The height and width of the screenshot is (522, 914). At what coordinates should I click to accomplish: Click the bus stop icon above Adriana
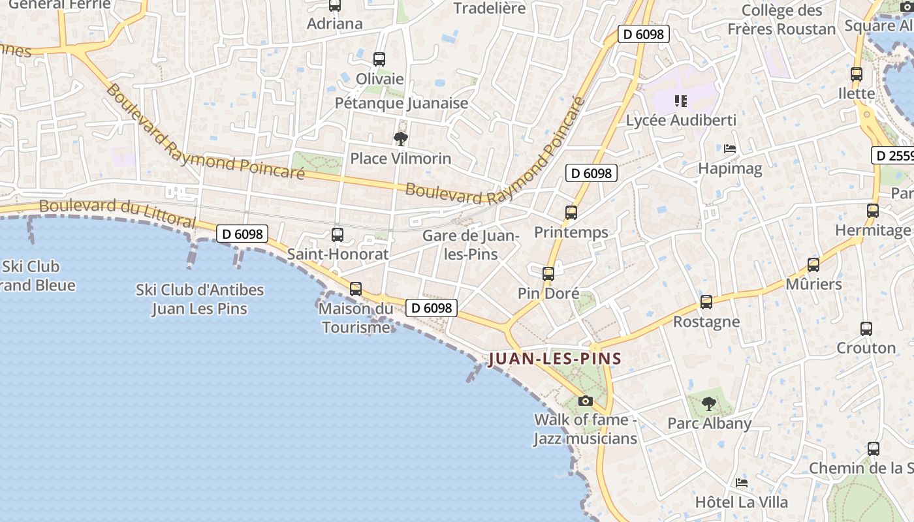tap(335, 6)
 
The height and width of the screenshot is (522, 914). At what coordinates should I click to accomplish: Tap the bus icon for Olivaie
tap(379, 59)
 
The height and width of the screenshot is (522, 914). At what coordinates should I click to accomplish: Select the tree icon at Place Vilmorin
tap(400, 138)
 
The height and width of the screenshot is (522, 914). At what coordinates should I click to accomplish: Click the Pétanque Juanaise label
tap(402, 103)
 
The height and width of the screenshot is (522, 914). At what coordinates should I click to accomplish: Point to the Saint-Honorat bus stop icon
tap(338, 235)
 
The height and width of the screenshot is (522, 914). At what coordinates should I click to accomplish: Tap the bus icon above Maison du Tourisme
tap(356, 288)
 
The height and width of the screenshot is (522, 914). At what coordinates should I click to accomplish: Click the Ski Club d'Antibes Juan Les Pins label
tap(200, 299)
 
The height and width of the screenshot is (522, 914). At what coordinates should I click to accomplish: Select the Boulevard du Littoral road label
tap(118, 213)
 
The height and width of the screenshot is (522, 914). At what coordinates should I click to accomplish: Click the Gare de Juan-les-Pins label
tap(471, 245)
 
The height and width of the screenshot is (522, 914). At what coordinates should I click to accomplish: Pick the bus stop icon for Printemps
tap(571, 213)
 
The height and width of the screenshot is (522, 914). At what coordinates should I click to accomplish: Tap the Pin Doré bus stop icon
tap(548, 274)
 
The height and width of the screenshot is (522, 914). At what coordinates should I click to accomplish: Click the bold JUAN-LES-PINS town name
tap(555, 359)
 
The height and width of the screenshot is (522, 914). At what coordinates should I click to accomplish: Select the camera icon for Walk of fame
tap(586, 401)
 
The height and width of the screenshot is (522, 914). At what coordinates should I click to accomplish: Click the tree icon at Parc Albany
tap(709, 404)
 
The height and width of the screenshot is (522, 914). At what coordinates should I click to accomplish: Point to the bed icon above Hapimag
tap(730, 149)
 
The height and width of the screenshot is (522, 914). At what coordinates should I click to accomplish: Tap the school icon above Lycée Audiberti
tap(681, 100)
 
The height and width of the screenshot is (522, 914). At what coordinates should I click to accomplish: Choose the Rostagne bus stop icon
tap(706, 302)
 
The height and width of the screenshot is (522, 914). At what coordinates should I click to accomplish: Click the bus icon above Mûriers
tap(813, 265)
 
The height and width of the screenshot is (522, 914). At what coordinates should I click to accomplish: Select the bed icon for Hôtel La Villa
tap(742, 483)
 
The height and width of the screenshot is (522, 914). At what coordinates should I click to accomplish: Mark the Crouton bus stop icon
tap(866, 329)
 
